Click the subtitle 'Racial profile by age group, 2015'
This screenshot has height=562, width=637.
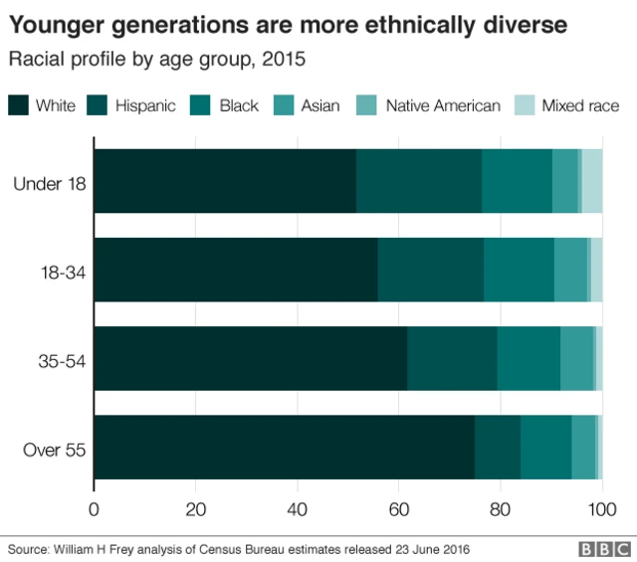click(x=157, y=60)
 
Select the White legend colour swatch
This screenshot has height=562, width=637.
click(x=18, y=105)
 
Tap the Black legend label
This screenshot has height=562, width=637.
click(x=238, y=105)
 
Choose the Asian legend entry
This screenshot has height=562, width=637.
click(x=321, y=105)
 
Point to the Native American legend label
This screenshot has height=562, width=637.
click(x=443, y=105)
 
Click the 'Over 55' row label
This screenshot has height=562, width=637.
click(x=55, y=449)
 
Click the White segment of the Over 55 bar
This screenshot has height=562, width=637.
click(x=284, y=448)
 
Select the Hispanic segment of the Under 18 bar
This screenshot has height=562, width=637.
click(x=418, y=181)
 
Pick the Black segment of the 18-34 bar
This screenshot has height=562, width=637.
click(x=519, y=270)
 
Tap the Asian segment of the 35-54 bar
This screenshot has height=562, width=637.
click(x=576, y=358)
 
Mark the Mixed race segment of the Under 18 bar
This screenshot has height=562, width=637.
click(x=592, y=181)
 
